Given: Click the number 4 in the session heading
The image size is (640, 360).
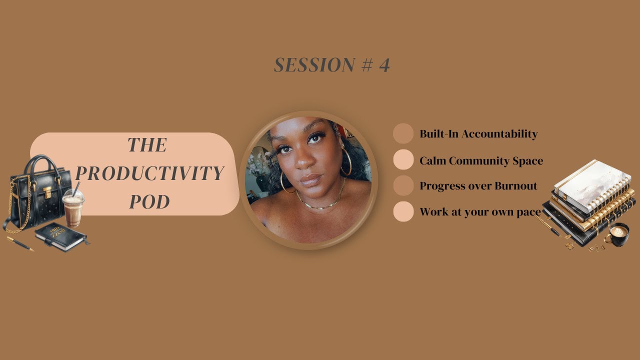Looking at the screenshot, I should pos(384,65).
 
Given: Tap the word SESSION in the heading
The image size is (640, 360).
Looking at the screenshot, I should pos(307,65).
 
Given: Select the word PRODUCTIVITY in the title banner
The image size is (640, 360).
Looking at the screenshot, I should pos(149,173).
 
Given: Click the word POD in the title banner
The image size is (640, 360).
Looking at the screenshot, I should pos(149,201).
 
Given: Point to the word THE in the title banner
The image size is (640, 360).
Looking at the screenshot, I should pos(147,145).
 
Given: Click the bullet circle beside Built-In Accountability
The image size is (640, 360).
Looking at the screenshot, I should pos(403,133).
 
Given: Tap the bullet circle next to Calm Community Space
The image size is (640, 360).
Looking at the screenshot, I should pos(403,160).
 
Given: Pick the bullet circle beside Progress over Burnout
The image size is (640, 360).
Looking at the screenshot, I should pos(403,185).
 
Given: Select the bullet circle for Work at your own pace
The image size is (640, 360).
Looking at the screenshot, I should pos(403,211).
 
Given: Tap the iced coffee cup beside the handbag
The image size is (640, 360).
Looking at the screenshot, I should pos(73,207).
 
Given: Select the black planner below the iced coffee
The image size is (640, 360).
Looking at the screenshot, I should pos(61,236).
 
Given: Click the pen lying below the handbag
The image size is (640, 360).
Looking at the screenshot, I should pos(20,243).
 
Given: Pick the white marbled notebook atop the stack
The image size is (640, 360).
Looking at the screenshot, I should pos(592,183).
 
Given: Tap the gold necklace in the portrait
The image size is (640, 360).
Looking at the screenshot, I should pos(320,202).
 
